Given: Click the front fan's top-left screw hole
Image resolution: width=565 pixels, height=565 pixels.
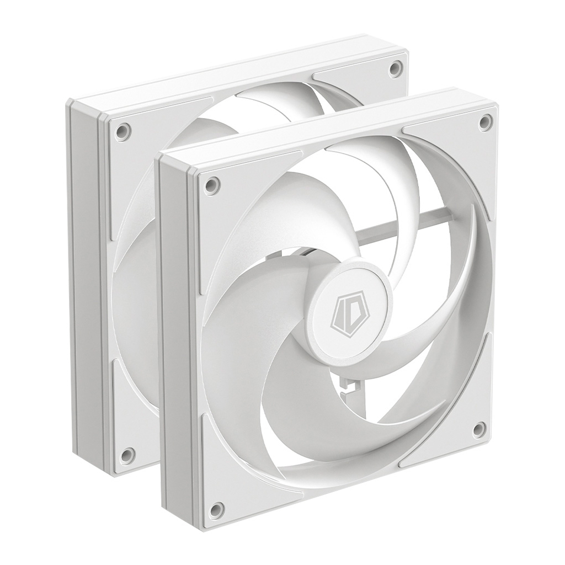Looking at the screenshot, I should (210, 185).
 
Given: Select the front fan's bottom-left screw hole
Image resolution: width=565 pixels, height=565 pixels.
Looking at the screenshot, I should (217, 509).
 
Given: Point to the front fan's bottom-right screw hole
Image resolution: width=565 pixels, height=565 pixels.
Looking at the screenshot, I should (479, 429).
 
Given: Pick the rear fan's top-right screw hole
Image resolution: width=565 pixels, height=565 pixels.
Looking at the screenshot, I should (394, 68).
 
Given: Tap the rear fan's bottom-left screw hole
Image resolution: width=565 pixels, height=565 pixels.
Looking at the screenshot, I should (127, 455).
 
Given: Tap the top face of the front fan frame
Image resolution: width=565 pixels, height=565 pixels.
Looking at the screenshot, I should (326, 124).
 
